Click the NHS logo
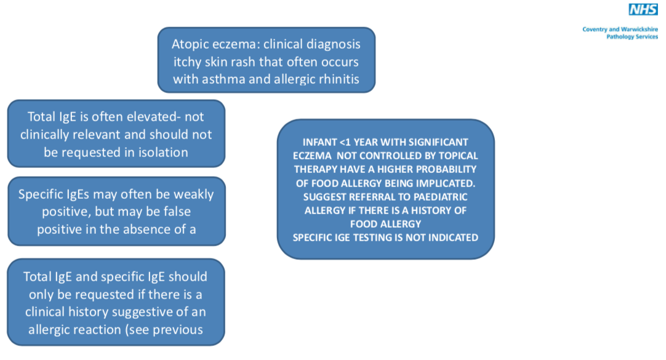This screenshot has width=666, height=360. click(643, 9)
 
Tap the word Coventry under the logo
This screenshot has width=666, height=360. click(595, 30)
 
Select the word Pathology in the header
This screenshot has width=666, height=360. click(619, 37)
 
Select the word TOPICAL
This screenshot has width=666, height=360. click(459, 156)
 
